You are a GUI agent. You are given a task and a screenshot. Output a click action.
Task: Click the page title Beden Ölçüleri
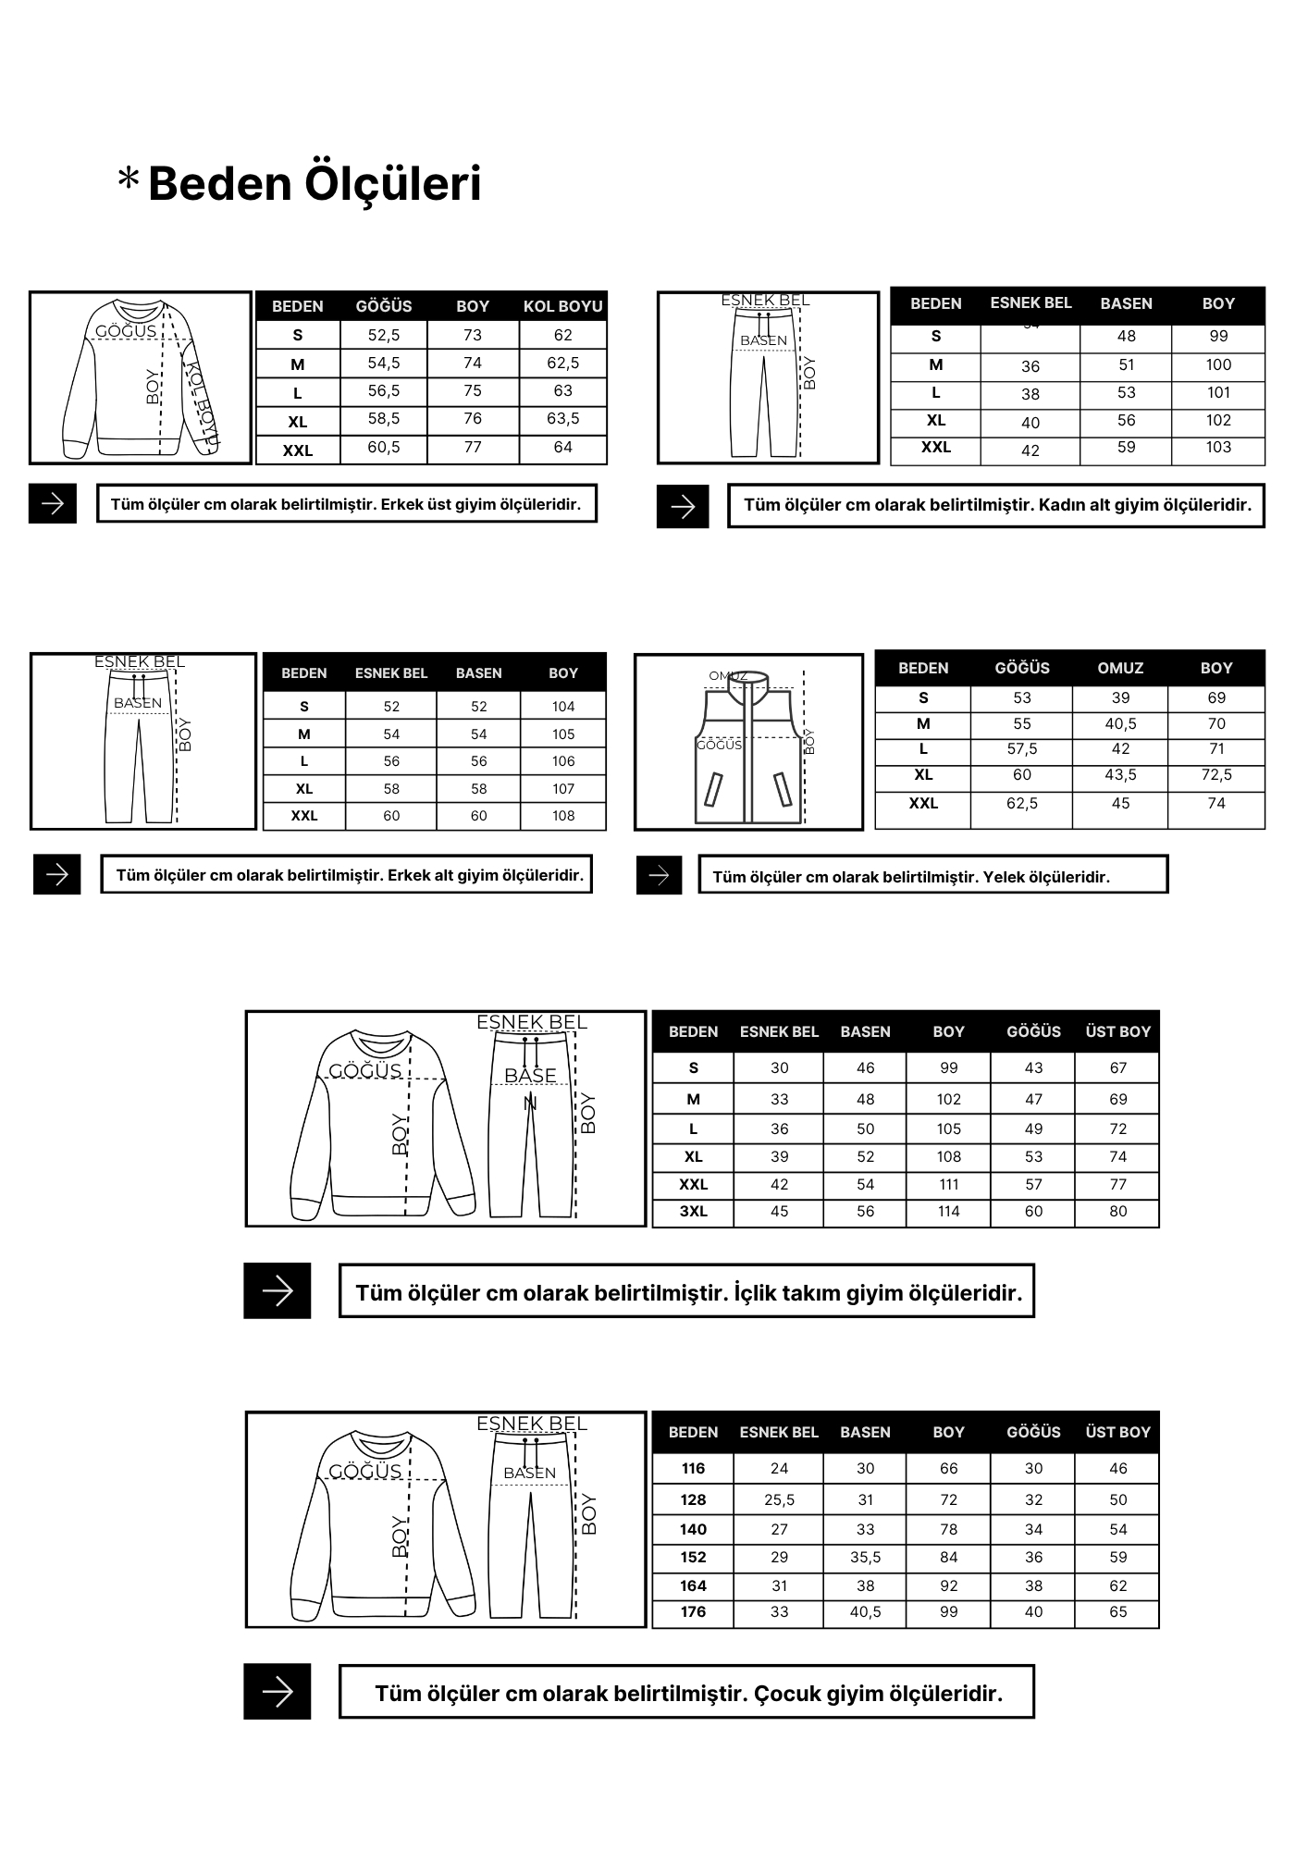coord(314,183)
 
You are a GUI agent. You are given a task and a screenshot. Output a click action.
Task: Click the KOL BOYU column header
coord(562,306)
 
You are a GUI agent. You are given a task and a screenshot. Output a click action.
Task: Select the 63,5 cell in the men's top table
coord(562,419)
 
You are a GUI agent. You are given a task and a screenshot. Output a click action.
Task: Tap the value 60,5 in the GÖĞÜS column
coord(384,448)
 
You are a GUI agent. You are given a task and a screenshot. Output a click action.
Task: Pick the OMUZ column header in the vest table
coord(1120,668)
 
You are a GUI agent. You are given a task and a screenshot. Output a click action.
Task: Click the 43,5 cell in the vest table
coord(1120,775)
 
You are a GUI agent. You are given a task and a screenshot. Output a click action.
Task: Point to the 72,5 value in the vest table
coord(1216,775)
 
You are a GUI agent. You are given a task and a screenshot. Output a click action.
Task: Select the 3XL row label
coord(693,1212)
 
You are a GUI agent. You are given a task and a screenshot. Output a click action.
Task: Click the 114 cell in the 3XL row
coord(948,1212)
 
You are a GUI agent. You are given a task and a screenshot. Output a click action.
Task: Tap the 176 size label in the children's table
coord(693,1612)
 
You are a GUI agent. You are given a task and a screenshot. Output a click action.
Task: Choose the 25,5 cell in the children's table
coord(779,1500)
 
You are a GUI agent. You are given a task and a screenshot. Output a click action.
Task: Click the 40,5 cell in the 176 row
coord(865,1612)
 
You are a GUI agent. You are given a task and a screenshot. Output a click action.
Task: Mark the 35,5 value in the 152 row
coord(865,1558)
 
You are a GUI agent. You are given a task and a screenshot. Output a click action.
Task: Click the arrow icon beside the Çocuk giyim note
coord(278,1692)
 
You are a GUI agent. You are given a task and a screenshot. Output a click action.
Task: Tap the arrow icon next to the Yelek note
coord(659,875)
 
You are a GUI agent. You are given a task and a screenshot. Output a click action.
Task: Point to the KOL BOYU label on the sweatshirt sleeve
coord(204,405)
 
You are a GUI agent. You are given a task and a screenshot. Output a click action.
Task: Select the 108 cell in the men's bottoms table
coord(562,816)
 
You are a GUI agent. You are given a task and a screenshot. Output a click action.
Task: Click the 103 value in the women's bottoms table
coord(1218,448)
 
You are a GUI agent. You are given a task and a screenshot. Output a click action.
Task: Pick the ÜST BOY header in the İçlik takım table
coord(1117,1031)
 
